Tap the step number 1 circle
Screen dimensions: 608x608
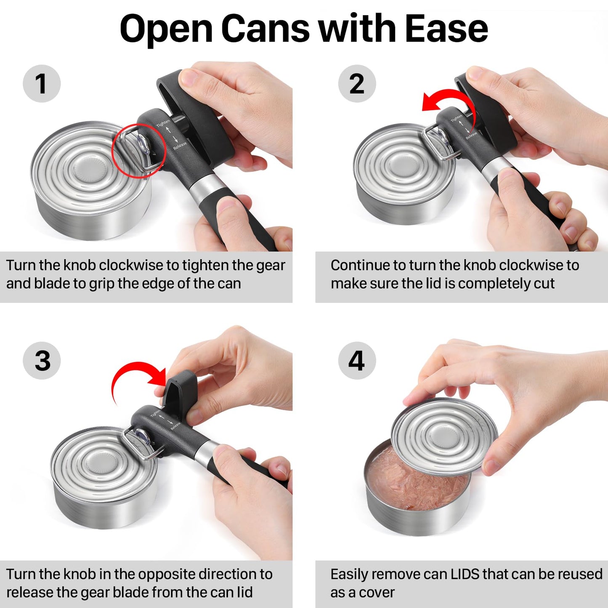[41, 83]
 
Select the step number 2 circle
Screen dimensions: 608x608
[357, 83]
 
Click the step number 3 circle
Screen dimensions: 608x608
[42, 361]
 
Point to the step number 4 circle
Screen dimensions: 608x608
[357, 361]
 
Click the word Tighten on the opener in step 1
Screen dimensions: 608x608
[163, 123]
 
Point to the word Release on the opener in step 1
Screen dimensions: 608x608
[180, 146]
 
